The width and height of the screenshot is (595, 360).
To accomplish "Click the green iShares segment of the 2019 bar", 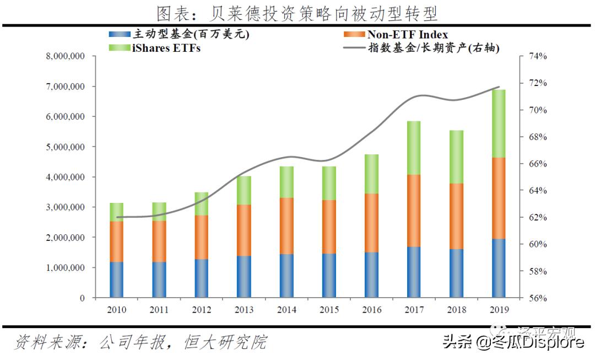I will pyautogui.click(x=498, y=123).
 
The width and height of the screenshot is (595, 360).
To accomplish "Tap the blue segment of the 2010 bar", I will pyautogui.click(x=116, y=280).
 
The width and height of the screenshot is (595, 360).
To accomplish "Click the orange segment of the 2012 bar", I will pyautogui.click(x=201, y=237).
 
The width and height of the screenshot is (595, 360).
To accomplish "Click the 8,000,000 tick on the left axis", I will pyautogui.click(x=64, y=56).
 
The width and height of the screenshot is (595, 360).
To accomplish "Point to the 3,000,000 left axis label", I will pyautogui.click(x=64, y=207).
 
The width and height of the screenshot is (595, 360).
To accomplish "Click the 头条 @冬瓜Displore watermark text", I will pyautogui.click(x=512, y=342).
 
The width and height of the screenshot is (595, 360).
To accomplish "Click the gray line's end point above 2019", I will pyautogui.click(x=499, y=87).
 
